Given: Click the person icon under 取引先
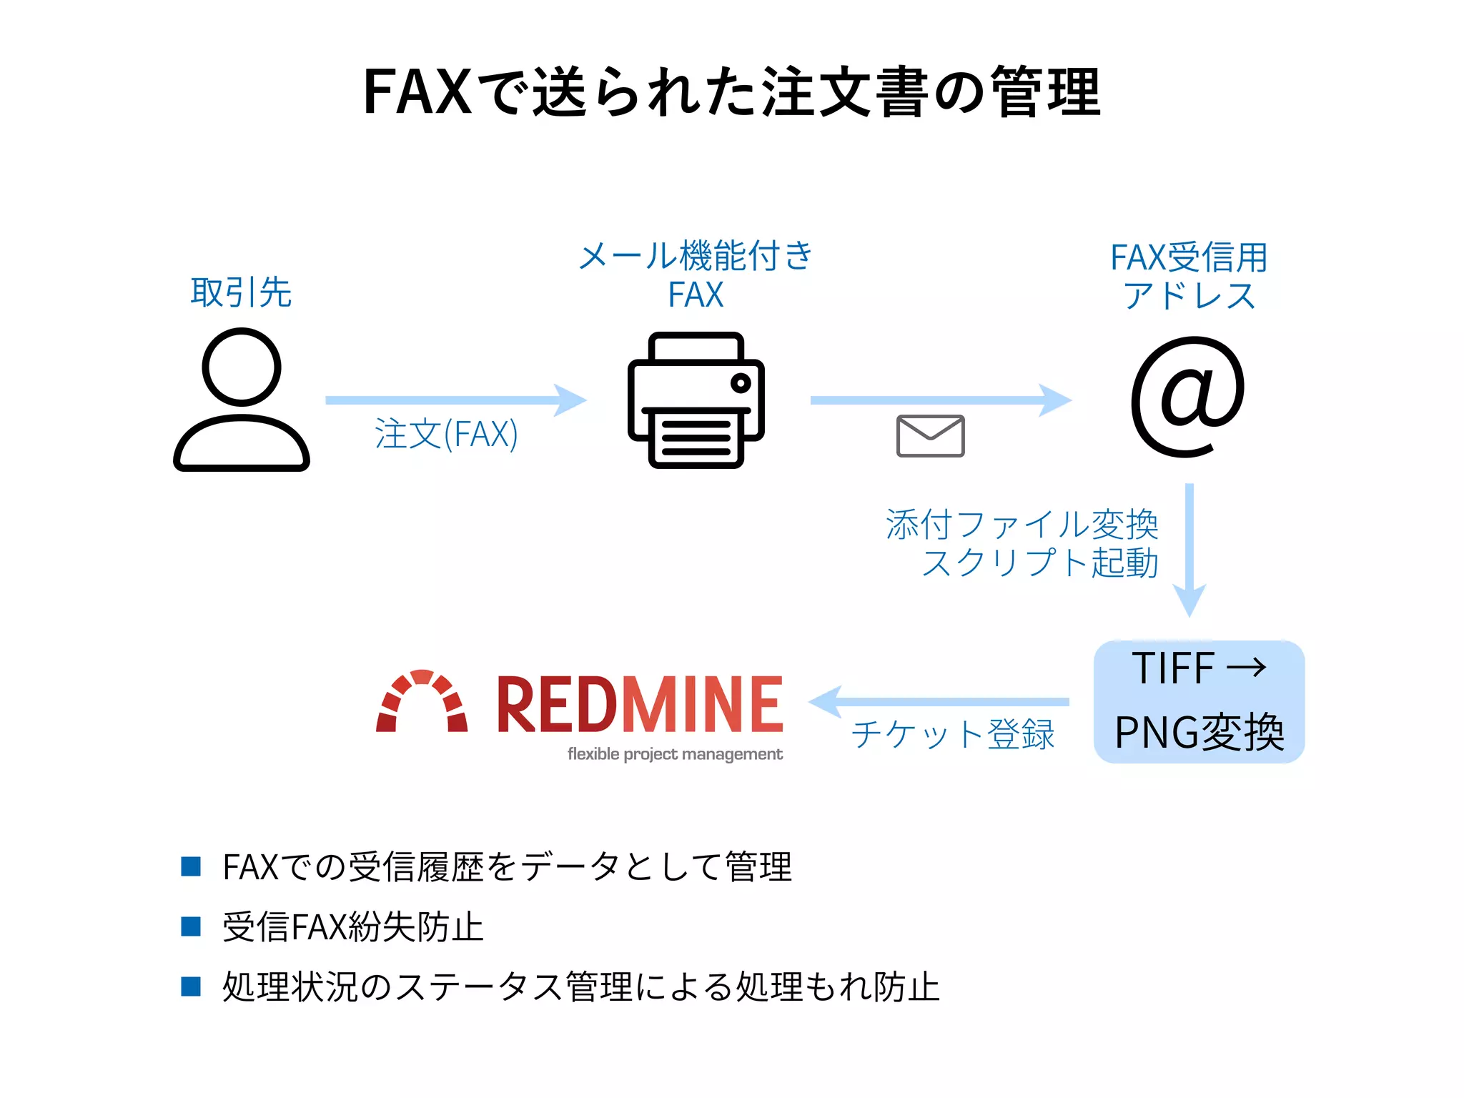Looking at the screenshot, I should (x=242, y=400).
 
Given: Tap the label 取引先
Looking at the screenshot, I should (x=241, y=292).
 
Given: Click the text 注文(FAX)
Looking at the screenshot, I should (x=446, y=434).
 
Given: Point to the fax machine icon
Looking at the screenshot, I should (x=696, y=400).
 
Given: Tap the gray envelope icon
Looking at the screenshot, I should (x=930, y=435).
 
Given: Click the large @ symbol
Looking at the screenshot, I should (x=1187, y=397).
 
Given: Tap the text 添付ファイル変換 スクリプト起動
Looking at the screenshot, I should (x=1022, y=543).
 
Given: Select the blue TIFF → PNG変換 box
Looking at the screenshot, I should (x=1199, y=701).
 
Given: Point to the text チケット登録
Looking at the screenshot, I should (x=953, y=734).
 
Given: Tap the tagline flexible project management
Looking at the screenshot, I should (x=675, y=754).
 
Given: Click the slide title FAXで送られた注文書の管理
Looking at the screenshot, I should (x=731, y=91).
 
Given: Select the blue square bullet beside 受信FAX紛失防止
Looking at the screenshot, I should (x=191, y=926).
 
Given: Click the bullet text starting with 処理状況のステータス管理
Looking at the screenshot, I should (x=580, y=987).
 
